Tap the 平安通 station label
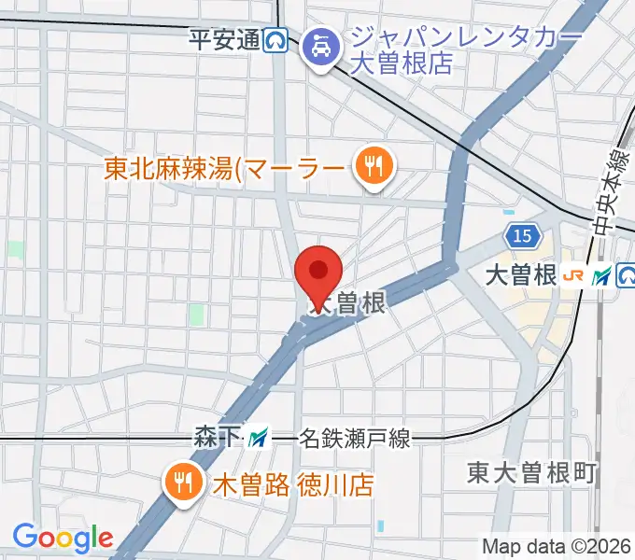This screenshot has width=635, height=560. point(223,40)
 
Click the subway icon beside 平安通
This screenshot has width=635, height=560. point(275,40)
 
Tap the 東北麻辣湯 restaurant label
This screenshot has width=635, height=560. point(224,169)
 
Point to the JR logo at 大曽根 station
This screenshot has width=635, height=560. point(577,275)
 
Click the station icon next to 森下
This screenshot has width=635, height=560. point(256,436)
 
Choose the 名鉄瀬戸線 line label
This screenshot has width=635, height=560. point(354,437)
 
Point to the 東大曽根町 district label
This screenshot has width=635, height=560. point(532,473)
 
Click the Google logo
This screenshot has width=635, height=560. point(63,538)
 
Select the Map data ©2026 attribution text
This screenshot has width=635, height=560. point(555,546)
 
